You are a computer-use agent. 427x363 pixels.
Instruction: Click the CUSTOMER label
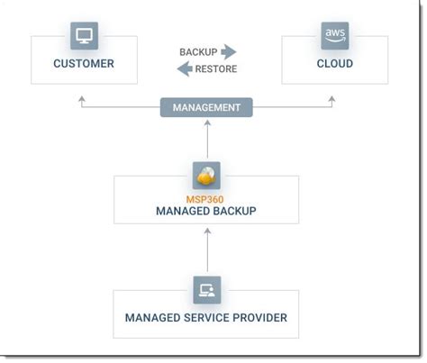[x=83, y=64]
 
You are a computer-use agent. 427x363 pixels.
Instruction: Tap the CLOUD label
[x=334, y=64]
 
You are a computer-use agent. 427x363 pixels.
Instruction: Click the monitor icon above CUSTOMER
[x=84, y=36]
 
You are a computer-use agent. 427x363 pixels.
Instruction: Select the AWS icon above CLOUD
[x=334, y=36]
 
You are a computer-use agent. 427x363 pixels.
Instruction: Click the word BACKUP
[x=197, y=52]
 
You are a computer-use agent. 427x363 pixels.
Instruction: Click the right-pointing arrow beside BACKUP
[x=229, y=52]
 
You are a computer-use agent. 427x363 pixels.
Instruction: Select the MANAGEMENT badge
[x=206, y=107]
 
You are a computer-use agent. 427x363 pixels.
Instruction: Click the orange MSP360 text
[x=206, y=196]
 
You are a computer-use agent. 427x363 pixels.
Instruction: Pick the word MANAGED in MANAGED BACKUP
[x=182, y=211]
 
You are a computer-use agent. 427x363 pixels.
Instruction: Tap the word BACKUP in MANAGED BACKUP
[x=234, y=211]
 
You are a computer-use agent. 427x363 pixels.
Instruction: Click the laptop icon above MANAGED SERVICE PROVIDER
[x=206, y=289]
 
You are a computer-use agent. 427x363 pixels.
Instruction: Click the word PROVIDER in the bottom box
[x=259, y=317]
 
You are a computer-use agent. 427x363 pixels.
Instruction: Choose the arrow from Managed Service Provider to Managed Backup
[x=207, y=250]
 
